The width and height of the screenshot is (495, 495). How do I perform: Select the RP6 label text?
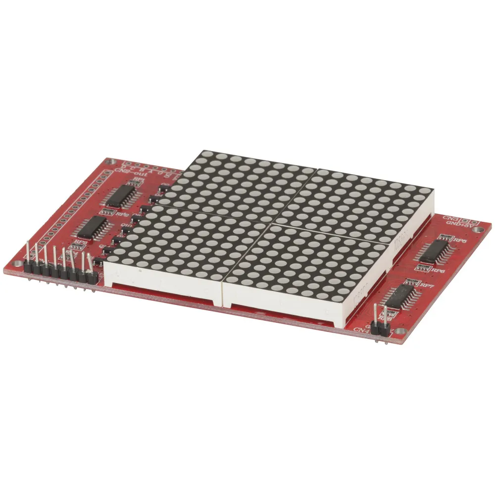coord(438,271)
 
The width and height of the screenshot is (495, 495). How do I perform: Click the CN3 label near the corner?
coord(450,218)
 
